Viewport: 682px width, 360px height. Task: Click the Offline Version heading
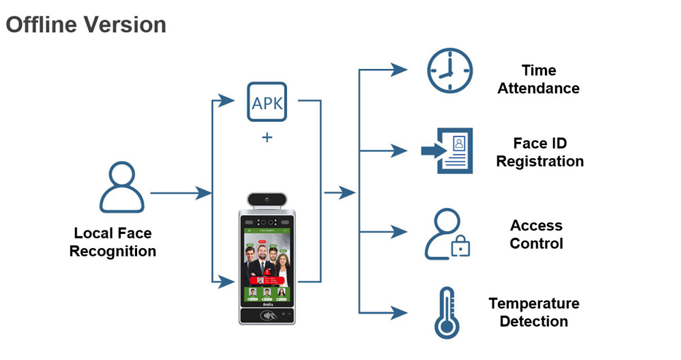[86, 25]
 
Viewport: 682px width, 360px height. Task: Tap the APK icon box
[267, 102]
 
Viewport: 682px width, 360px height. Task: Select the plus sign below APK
[267, 138]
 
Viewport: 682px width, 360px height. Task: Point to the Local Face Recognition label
[113, 242]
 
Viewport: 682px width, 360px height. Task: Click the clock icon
[449, 70]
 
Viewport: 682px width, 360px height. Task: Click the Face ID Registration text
[539, 152]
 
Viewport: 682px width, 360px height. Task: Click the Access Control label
[536, 235]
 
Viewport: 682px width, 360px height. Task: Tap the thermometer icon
[445, 313]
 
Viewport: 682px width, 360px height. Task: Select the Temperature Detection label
[534, 312]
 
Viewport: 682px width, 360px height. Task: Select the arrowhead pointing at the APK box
[229, 102]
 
